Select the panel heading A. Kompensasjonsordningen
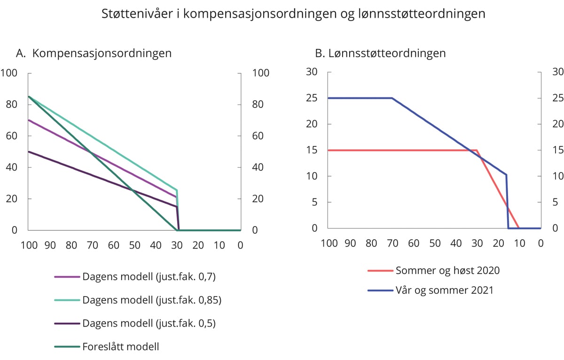94,53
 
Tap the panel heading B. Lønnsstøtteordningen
380,53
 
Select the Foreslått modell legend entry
120,347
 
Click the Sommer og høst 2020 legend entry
447,270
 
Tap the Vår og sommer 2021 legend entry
445,290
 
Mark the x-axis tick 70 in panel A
92,245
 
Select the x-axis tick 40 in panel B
456,243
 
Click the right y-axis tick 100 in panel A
260,73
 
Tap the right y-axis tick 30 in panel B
557,72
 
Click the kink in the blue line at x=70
392,98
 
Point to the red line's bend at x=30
477,150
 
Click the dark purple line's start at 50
29,152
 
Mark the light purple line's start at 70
29,120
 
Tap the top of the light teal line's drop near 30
177,190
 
